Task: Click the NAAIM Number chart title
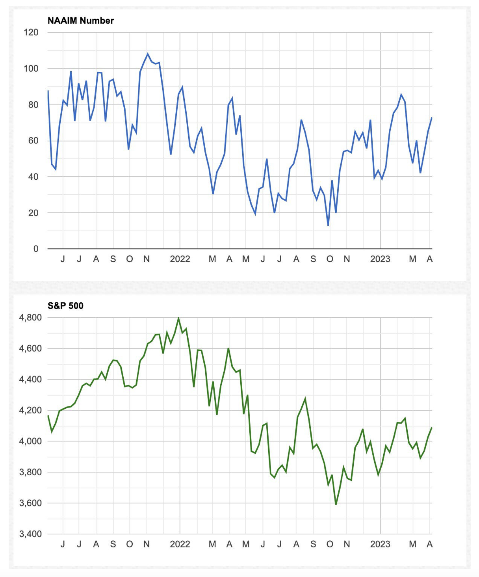(x=80, y=20)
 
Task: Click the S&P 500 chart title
(x=65, y=305)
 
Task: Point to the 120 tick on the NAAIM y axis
(x=31, y=32)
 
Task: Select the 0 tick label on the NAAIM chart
(x=36, y=249)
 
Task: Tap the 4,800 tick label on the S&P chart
(x=30, y=317)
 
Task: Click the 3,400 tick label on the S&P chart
(x=30, y=534)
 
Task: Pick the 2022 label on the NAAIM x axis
(x=180, y=259)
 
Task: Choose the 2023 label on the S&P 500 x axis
(x=380, y=544)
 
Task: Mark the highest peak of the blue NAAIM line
(x=148, y=54)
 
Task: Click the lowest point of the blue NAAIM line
(x=328, y=225)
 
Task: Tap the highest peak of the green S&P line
(x=178, y=318)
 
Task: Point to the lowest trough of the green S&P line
(x=336, y=504)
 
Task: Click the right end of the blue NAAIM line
(x=432, y=118)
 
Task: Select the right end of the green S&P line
(x=432, y=428)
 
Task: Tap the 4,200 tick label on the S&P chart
(x=30, y=410)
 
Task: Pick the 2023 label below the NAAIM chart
(x=380, y=259)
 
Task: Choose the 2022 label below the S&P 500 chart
(x=180, y=544)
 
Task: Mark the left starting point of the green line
(x=48, y=416)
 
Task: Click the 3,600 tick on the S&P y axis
(x=30, y=503)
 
